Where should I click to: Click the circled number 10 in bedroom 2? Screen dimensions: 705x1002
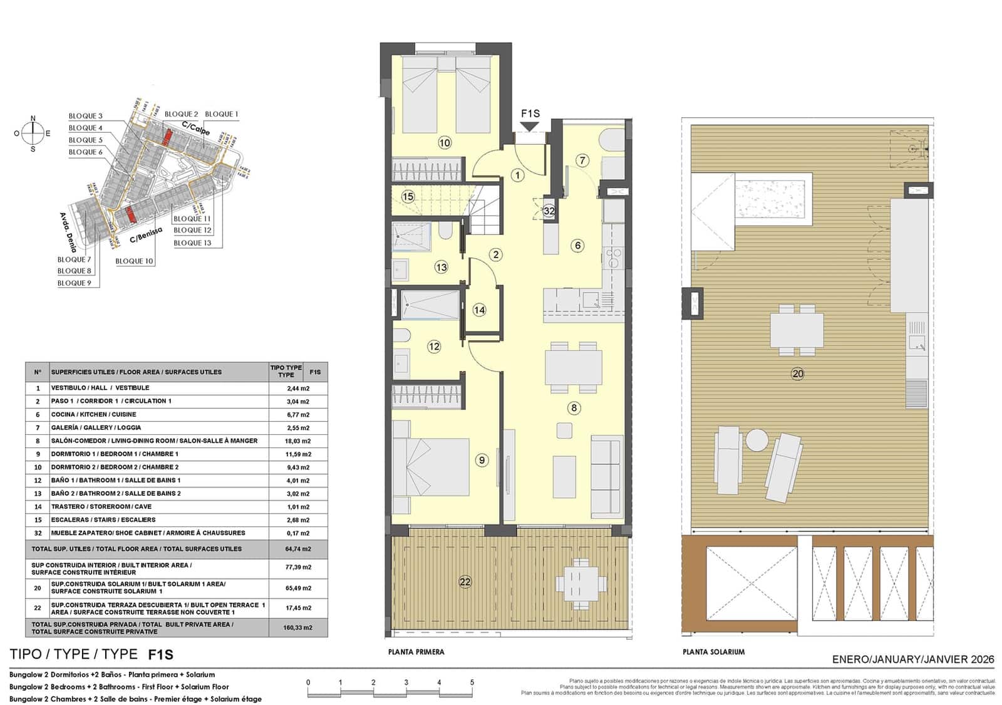(444, 143)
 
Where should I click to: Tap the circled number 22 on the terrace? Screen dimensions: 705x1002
(465, 582)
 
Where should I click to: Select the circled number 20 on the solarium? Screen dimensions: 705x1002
(797, 374)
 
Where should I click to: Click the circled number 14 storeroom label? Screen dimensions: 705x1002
(479, 310)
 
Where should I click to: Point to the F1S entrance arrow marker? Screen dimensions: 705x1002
(530, 127)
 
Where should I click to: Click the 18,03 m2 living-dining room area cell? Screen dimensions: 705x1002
(298, 441)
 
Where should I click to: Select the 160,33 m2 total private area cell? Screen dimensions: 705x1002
(298, 627)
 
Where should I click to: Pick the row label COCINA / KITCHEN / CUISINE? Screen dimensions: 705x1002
(93, 414)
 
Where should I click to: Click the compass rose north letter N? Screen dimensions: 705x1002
(33, 118)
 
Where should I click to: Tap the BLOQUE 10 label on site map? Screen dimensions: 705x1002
(134, 261)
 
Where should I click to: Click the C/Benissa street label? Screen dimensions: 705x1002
(146, 235)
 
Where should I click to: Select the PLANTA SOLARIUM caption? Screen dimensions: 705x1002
(713, 652)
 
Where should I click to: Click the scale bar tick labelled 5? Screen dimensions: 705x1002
(472, 682)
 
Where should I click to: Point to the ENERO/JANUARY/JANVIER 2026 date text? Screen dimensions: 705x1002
(913, 659)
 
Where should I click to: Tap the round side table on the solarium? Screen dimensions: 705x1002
(757, 439)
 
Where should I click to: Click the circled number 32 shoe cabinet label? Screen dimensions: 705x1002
(549, 211)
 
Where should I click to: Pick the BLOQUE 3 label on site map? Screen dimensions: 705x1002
(86, 116)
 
